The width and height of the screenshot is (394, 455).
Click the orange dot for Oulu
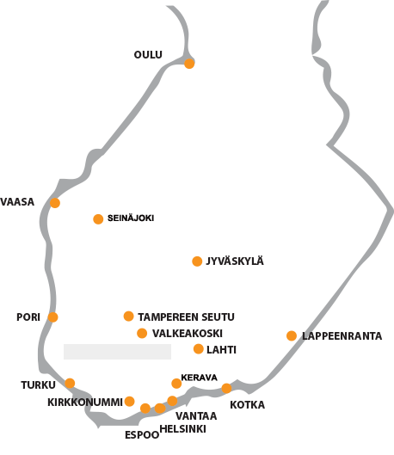click(x=189, y=64)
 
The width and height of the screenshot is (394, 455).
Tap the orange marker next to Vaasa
click(x=55, y=203)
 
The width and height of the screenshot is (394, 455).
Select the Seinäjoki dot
click(x=98, y=219)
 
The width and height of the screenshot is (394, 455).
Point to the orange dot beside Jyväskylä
click(x=197, y=261)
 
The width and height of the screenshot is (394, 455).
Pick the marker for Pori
click(x=52, y=317)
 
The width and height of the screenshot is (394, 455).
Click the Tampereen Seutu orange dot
click(x=128, y=316)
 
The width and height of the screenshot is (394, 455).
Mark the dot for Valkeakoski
click(x=142, y=333)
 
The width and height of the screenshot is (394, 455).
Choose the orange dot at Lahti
click(x=199, y=349)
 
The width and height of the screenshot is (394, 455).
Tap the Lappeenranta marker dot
click(x=292, y=335)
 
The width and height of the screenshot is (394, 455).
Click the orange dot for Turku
click(x=70, y=384)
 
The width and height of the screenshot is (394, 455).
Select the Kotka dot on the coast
click(x=226, y=388)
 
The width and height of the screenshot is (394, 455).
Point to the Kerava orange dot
click(x=176, y=384)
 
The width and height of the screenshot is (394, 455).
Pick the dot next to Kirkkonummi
click(x=129, y=402)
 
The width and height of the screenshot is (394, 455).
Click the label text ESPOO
click(x=142, y=435)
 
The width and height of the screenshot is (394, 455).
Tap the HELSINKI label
click(x=182, y=429)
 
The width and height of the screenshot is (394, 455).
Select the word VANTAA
click(x=196, y=416)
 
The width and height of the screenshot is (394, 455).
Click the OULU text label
click(x=148, y=54)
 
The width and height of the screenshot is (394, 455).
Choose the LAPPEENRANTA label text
click(x=342, y=336)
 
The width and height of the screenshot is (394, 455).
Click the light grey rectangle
click(x=117, y=352)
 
